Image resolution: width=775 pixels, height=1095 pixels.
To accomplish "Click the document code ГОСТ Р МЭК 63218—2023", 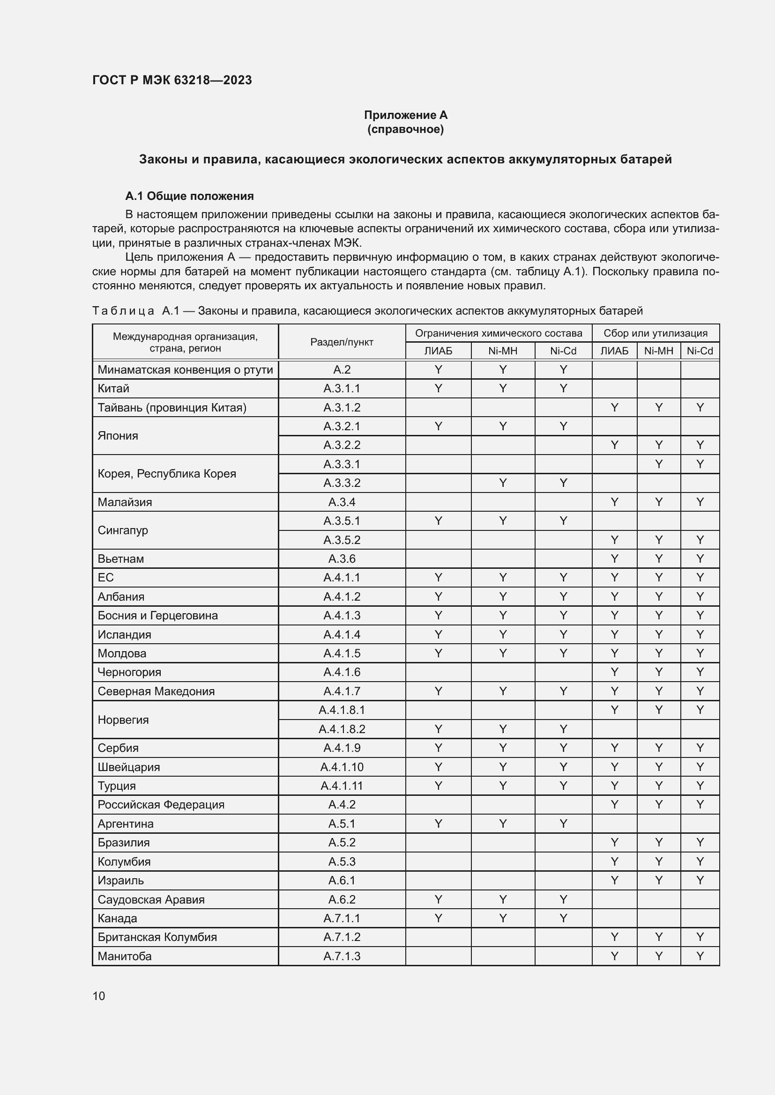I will click(172, 80).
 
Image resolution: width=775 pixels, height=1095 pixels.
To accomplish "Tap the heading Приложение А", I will click(405, 115).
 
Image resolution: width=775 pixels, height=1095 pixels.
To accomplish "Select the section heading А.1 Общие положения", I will click(189, 196).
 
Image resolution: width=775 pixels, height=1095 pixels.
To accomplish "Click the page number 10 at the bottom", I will click(99, 996).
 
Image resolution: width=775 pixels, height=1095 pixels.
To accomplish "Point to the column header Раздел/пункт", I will click(342, 342).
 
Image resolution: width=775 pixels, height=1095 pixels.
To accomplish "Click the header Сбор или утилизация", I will click(655, 333).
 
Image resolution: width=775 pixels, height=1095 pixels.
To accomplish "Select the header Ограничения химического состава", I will click(498, 333).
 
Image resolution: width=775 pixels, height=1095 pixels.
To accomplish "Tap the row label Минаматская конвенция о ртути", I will click(185, 370).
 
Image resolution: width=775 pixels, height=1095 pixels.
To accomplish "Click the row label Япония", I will click(118, 435).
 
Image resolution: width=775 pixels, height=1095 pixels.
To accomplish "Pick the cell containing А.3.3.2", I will click(342, 483).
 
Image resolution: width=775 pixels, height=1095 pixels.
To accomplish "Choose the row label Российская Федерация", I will click(161, 805).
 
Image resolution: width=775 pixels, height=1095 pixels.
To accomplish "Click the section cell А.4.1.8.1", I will click(342, 710).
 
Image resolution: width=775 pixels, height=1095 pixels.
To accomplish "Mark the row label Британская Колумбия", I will click(157, 937).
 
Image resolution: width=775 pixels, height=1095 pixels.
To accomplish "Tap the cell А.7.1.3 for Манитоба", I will click(342, 956).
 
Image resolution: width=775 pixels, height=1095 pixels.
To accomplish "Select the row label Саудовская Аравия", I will click(151, 899).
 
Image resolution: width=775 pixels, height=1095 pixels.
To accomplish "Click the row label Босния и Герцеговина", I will click(157, 615).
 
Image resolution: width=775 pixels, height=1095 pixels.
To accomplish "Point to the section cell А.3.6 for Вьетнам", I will click(342, 559).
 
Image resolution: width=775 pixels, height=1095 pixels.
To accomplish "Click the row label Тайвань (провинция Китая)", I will click(172, 407).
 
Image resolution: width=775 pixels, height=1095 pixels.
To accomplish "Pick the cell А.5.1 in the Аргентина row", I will click(342, 823).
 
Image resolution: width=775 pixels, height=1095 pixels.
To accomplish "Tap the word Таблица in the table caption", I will click(123, 311).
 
